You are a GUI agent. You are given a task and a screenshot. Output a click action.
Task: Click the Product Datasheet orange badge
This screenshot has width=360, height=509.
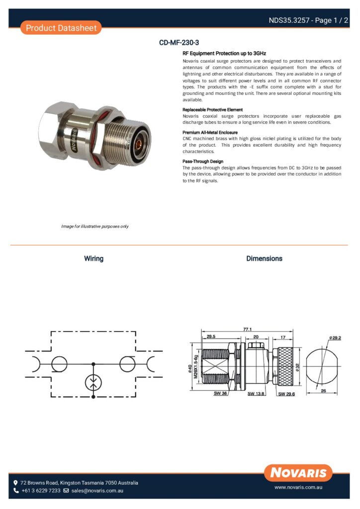61,28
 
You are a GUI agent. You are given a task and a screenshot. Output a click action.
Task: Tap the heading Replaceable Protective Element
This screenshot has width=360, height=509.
212,109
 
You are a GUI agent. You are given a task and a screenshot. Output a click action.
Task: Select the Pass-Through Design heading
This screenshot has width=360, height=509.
203,162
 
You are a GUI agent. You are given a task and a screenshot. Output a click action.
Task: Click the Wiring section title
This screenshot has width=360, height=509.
93,258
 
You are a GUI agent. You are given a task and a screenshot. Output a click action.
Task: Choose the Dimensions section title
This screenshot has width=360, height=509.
264,258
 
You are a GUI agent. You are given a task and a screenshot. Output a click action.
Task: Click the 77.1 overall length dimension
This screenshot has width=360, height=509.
248,329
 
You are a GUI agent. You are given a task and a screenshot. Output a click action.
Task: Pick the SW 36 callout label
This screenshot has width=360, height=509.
220,393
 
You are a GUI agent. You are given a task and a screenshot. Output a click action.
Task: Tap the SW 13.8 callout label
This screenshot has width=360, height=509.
257,394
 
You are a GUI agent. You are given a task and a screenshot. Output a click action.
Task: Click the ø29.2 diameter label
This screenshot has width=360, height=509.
335,338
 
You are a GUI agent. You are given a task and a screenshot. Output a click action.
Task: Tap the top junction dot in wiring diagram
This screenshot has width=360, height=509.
93,364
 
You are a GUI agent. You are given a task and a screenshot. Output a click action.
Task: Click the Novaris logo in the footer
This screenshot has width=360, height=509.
298,472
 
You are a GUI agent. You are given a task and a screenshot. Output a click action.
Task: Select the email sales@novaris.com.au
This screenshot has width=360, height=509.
97,491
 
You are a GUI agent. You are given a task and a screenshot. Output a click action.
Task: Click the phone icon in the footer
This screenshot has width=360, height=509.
16,491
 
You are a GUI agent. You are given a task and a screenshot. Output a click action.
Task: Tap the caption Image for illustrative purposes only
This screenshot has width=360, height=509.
94,226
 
